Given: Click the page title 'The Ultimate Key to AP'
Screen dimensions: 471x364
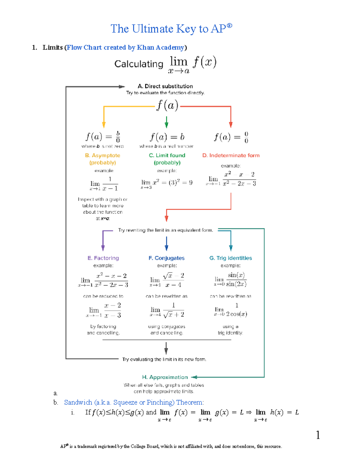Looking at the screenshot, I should pos(171,29).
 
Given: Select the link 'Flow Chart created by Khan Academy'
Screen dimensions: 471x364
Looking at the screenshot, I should pos(125,48).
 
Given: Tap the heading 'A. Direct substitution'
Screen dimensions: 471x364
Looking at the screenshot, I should pos(165,86).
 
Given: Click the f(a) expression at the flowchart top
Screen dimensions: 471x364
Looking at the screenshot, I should pos(167,106).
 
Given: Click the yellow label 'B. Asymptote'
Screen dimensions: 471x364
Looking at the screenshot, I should pos(103,155).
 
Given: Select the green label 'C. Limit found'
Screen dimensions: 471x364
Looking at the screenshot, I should pos(167,155).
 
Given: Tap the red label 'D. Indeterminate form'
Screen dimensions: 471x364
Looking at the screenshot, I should pos(231,155).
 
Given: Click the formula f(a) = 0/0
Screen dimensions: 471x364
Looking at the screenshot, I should pos(231,137).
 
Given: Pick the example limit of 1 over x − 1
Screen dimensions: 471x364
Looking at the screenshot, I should pos(104,184).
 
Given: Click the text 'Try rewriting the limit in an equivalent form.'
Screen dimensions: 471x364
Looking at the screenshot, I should pos(165,230).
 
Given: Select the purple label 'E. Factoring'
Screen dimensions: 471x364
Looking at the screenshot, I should pos(103,258).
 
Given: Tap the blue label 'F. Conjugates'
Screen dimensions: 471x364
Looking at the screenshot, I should pos(167,258).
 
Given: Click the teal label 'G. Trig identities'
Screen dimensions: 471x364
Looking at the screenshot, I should pos(231,258).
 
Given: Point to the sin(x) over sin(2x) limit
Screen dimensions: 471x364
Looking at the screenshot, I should pos(231,279).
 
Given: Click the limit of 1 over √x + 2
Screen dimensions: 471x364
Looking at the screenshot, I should pos(167,310).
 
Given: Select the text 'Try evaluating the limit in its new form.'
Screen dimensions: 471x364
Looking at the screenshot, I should pos(164,359).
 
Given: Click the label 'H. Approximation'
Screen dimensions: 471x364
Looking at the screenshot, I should pos(165,377).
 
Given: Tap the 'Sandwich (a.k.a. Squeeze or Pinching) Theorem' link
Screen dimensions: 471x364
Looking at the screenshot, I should pos(134,402).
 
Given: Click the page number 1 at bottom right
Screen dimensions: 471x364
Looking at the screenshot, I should pos(318,435).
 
